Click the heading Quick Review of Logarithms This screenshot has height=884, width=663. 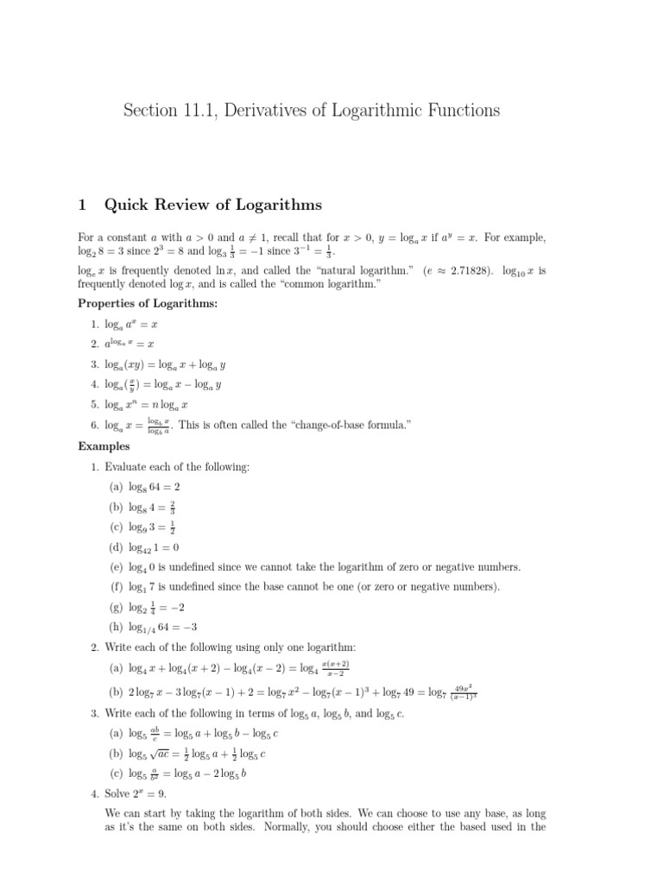[212, 205]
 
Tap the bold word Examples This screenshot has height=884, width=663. [104, 446]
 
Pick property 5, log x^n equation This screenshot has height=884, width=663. [146, 403]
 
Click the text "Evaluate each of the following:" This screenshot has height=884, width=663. [177, 466]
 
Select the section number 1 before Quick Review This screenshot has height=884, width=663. [82, 205]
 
